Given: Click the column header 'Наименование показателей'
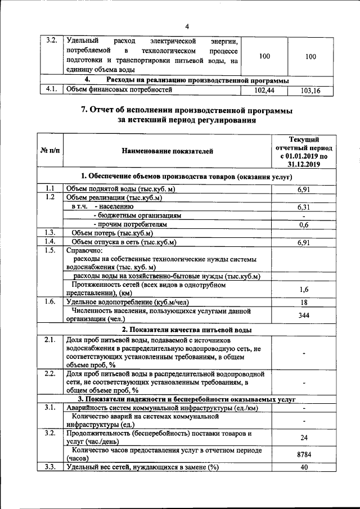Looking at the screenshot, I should [x=168, y=151].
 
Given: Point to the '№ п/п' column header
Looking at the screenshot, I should [x=50, y=151].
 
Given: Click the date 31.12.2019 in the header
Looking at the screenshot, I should [x=304, y=164].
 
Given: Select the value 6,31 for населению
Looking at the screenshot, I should [x=304, y=206].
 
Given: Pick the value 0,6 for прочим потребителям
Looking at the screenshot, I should [x=304, y=224].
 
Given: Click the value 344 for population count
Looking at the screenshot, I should [x=304, y=315].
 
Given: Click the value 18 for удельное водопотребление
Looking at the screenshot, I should [x=304, y=302].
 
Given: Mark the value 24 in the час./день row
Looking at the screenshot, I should [x=304, y=437].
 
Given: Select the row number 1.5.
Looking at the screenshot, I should [x=49, y=250].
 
